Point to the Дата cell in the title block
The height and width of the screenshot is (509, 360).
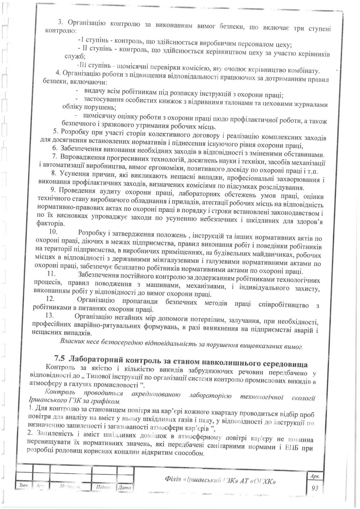[124, 488]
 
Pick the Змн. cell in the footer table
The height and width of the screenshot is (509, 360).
[23, 486]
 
